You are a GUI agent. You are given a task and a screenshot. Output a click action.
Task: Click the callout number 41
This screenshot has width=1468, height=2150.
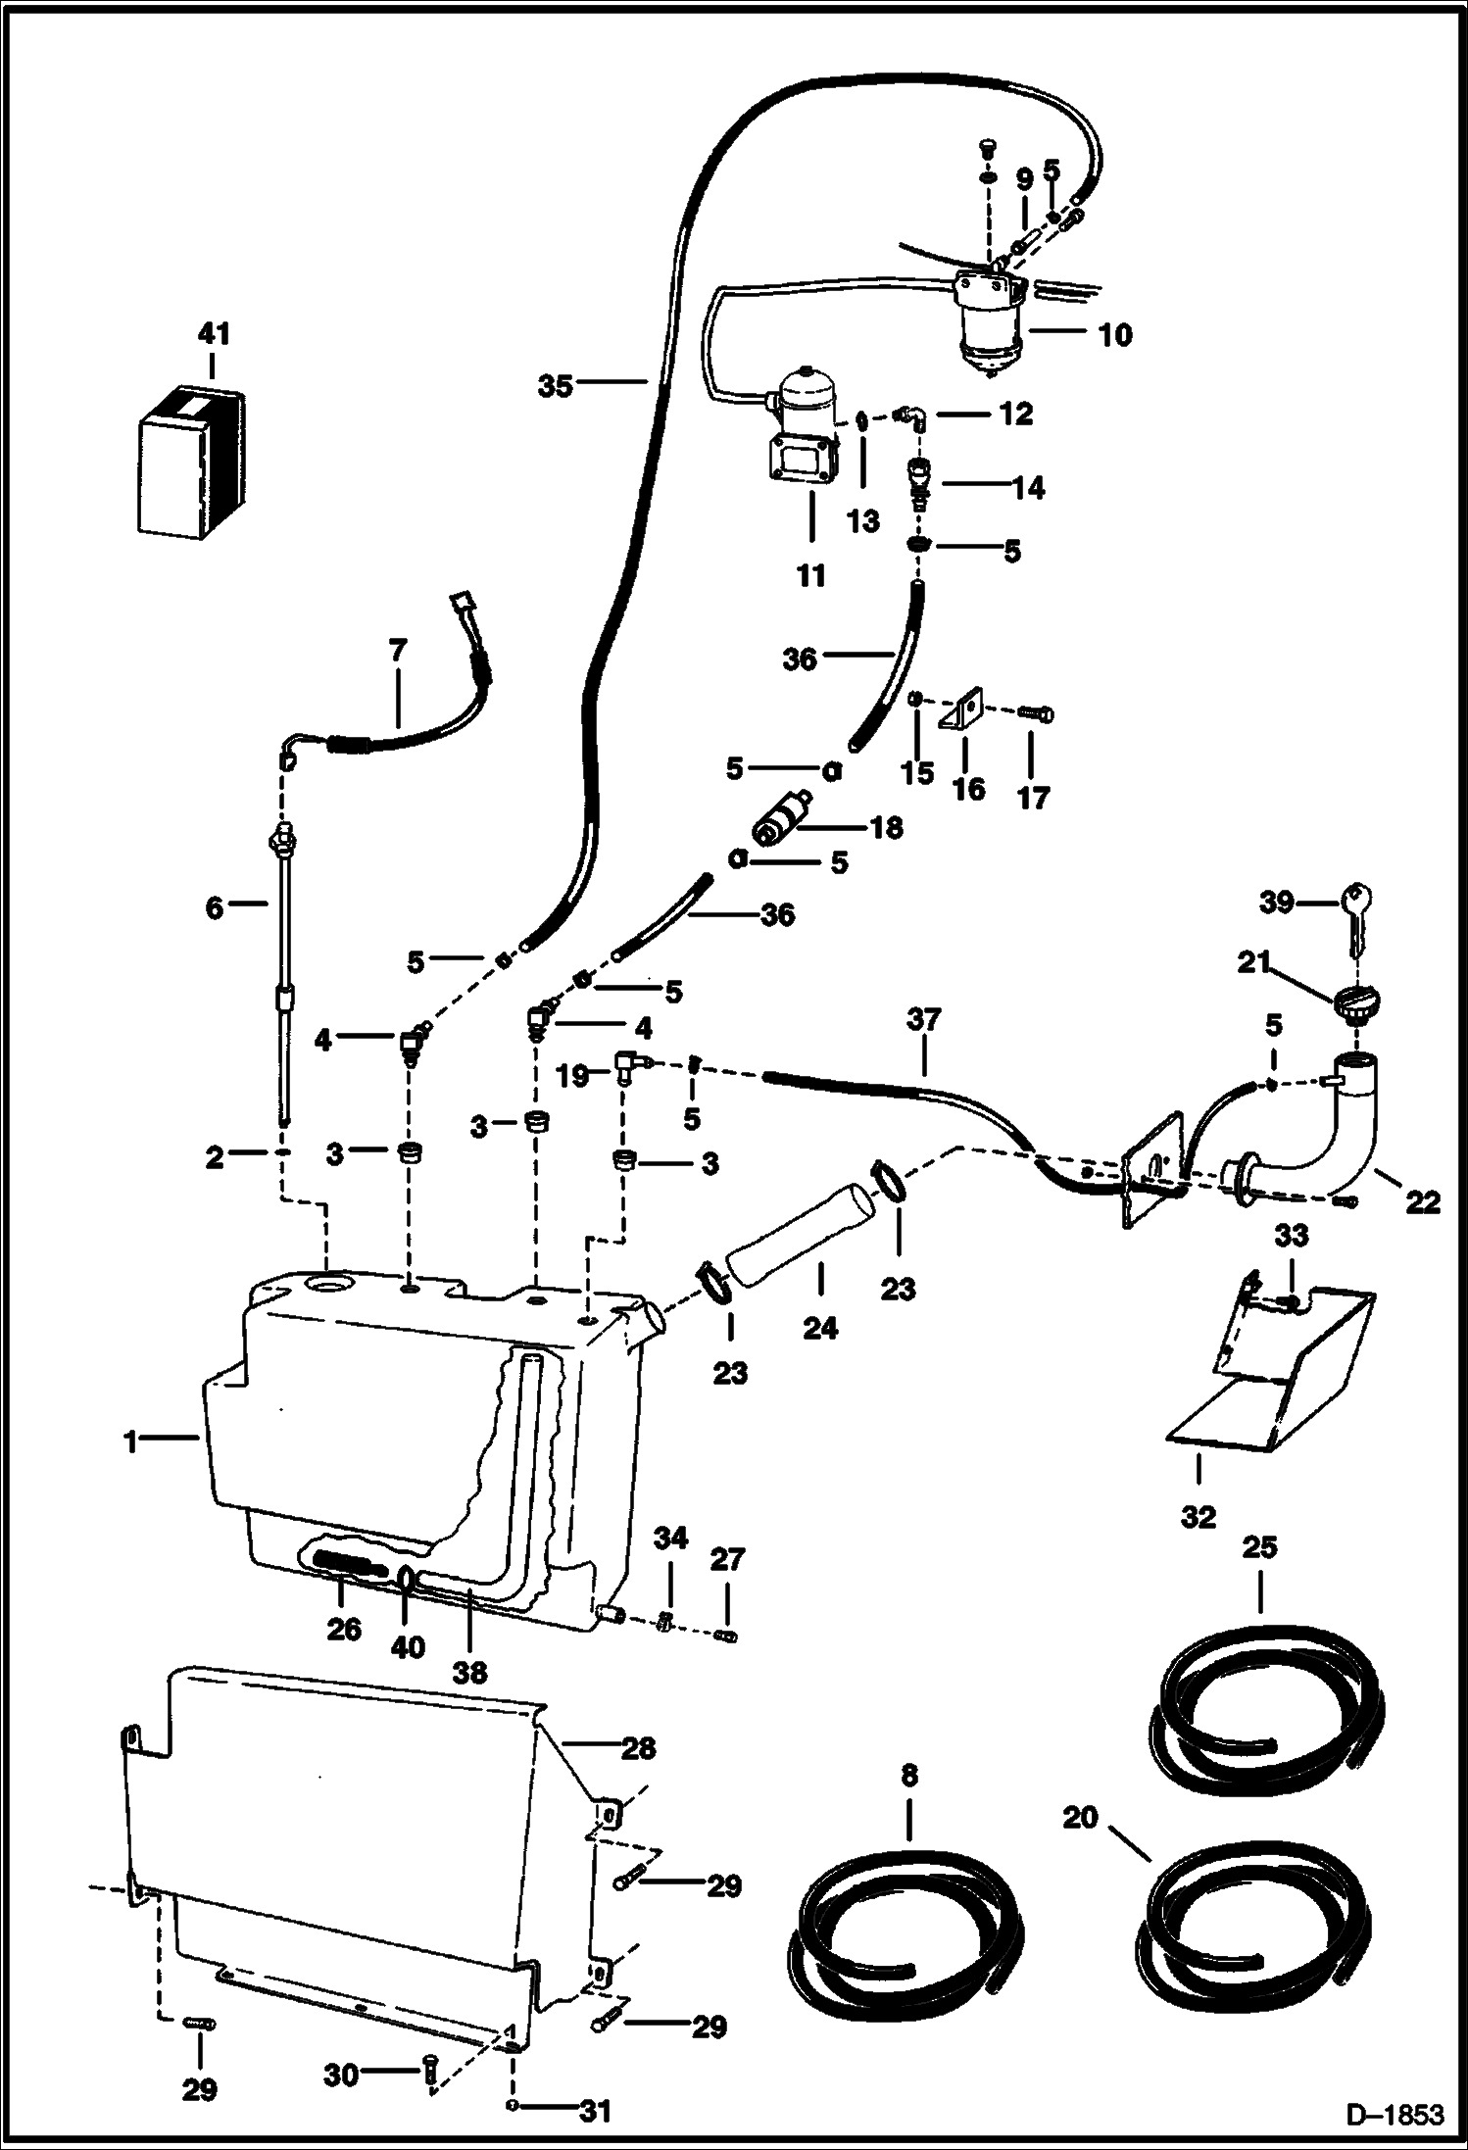[x=214, y=335]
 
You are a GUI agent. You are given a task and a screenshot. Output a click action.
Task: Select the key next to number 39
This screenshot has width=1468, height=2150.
[x=1358, y=910]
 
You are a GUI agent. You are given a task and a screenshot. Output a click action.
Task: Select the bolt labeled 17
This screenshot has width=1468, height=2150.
[x=1038, y=713]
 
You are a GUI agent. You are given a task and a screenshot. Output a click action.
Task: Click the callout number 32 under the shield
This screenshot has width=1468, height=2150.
[x=1198, y=1517]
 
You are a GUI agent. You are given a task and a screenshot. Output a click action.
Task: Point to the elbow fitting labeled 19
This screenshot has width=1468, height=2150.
[x=626, y=1064]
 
